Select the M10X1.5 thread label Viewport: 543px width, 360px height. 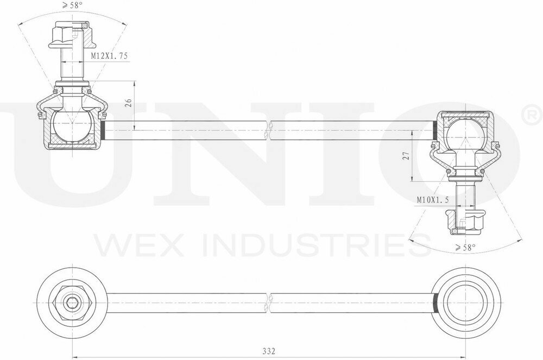coord(433,200)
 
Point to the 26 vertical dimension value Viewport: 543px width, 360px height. coord(128,104)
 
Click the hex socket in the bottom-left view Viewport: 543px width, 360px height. coord(72,303)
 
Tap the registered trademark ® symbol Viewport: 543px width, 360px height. coord(531,114)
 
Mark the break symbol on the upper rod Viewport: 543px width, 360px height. coord(268,130)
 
